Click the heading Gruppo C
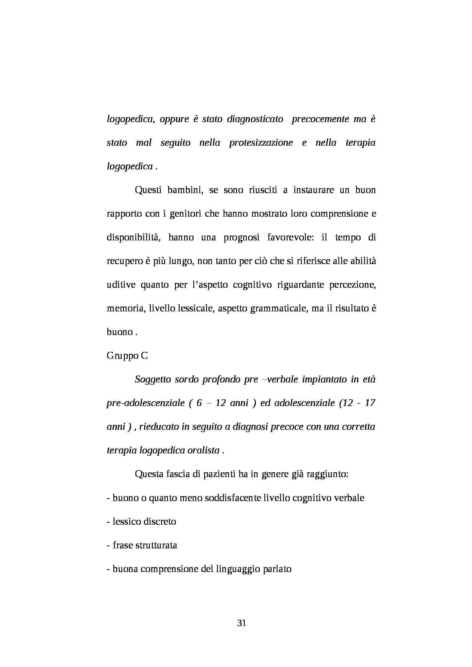(x=127, y=356)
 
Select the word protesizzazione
(x=261, y=143)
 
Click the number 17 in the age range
(x=369, y=403)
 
